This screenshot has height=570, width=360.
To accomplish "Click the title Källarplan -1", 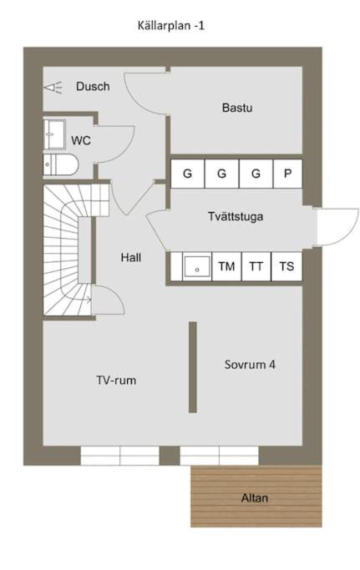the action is tap(170, 26).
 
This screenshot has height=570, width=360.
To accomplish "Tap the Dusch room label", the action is tap(93, 87).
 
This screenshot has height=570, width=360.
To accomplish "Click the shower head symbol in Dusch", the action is tap(53, 88).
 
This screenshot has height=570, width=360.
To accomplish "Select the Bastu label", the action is tap(237, 108).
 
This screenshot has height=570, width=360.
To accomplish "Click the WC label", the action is tap(81, 140).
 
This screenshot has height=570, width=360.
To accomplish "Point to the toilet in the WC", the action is tap(61, 164).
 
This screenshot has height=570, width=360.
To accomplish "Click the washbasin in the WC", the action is tap(54, 134).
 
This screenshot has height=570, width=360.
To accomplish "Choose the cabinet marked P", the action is tap(287, 174).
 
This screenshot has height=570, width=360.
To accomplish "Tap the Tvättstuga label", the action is tap(236, 216).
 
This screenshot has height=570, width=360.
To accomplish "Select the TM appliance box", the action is tap(226, 266).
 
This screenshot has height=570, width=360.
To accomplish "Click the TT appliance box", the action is tap(256, 266).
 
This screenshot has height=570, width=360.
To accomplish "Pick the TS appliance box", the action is tap(286, 266).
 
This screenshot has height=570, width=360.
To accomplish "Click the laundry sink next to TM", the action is tap(197, 266).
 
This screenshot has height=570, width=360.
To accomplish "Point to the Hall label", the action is tap(131, 258).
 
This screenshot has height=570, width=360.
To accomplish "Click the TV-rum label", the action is tap(116, 381).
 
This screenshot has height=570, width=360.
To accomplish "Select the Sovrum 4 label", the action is tap(250, 365).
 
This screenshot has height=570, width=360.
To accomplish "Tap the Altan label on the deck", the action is tap(255, 498).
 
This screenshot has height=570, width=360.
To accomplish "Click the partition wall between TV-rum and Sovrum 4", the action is tap(193, 367).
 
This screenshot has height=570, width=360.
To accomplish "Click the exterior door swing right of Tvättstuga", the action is tap(337, 226).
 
